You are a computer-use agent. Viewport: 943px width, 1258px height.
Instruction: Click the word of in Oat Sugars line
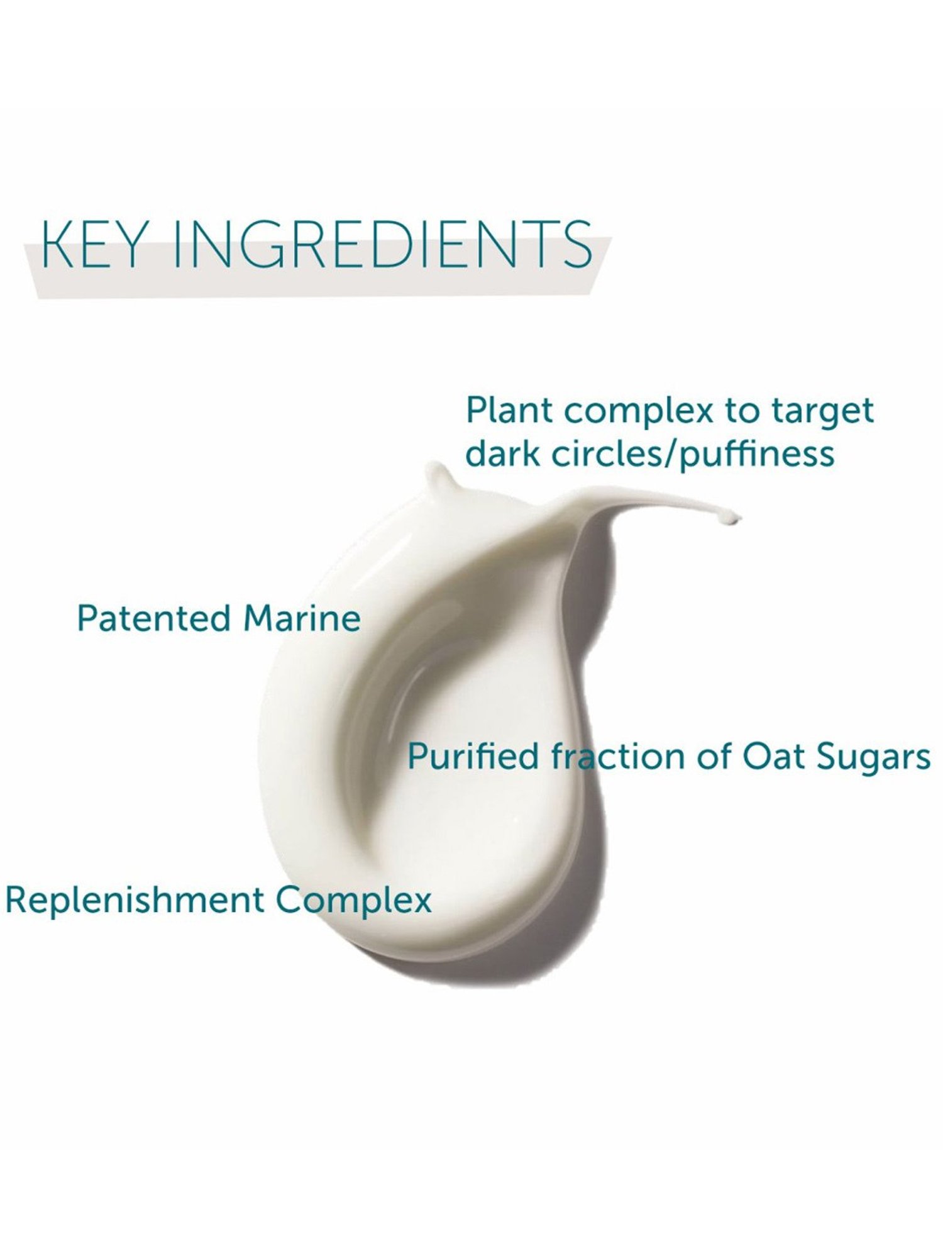712,757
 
